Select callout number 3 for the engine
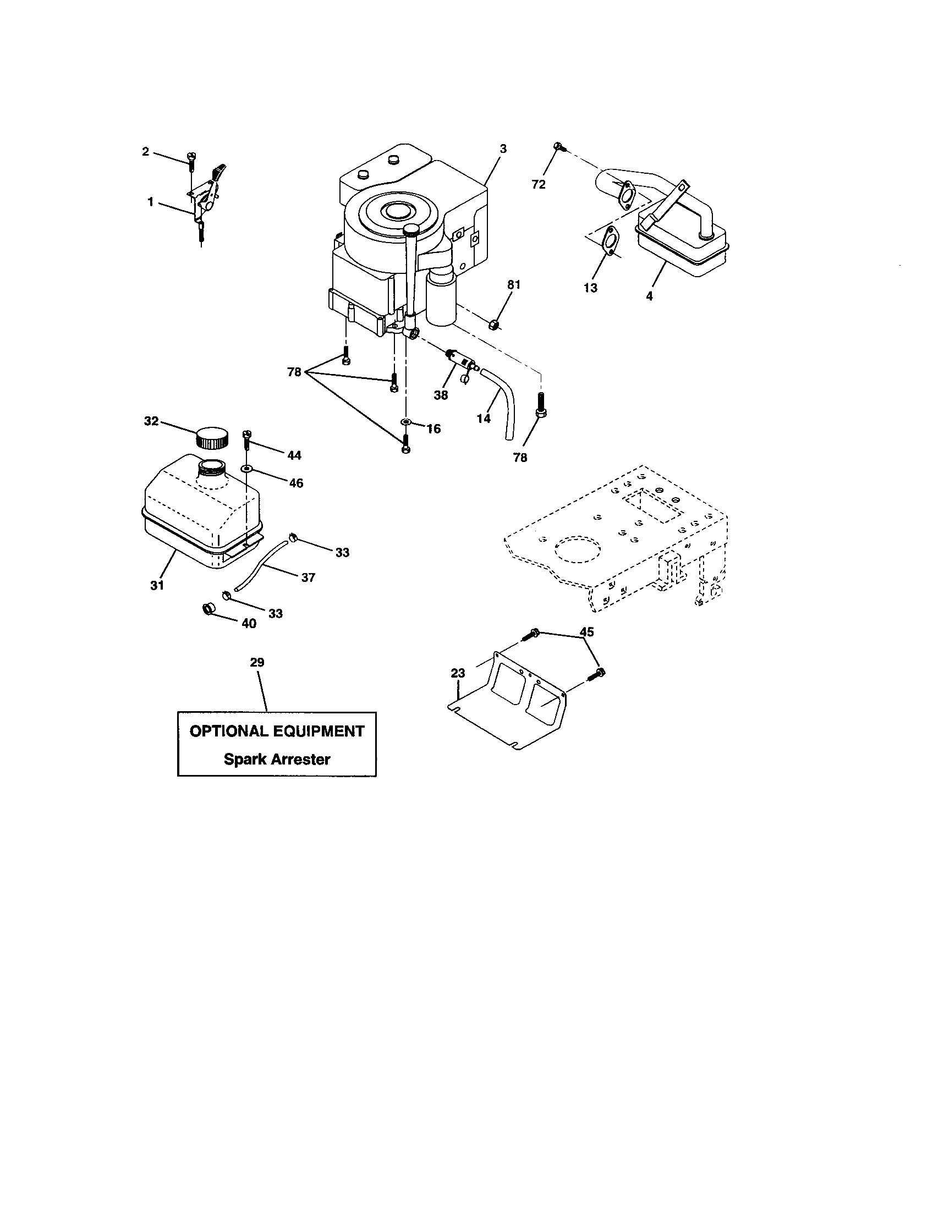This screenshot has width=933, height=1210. tap(502, 149)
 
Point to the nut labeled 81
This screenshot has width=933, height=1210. tap(496, 324)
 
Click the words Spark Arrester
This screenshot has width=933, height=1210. tap(277, 760)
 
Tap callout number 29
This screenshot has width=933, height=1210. tap(257, 663)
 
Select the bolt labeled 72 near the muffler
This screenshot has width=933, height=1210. tap(558, 147)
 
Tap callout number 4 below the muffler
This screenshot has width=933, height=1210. tap(649, 296)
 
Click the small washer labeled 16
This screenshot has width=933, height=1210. tap(406, 424)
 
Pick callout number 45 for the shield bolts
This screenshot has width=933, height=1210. tap(586, 632)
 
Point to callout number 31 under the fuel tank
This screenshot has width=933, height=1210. tap(157, 585)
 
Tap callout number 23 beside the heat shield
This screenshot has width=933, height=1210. tap(458, 673)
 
